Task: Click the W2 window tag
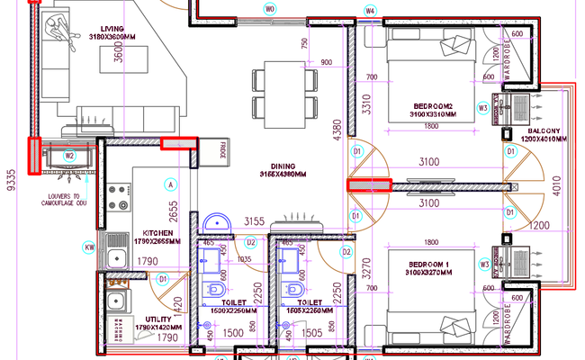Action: (x=68, y=155)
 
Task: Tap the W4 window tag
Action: (x=370, y=10)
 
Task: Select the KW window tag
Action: (x=89, y=247)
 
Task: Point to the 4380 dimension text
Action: (x=335, y=135)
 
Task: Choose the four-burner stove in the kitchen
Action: (x=117, y=196)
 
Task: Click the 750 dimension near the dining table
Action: (x=304, y=45)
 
